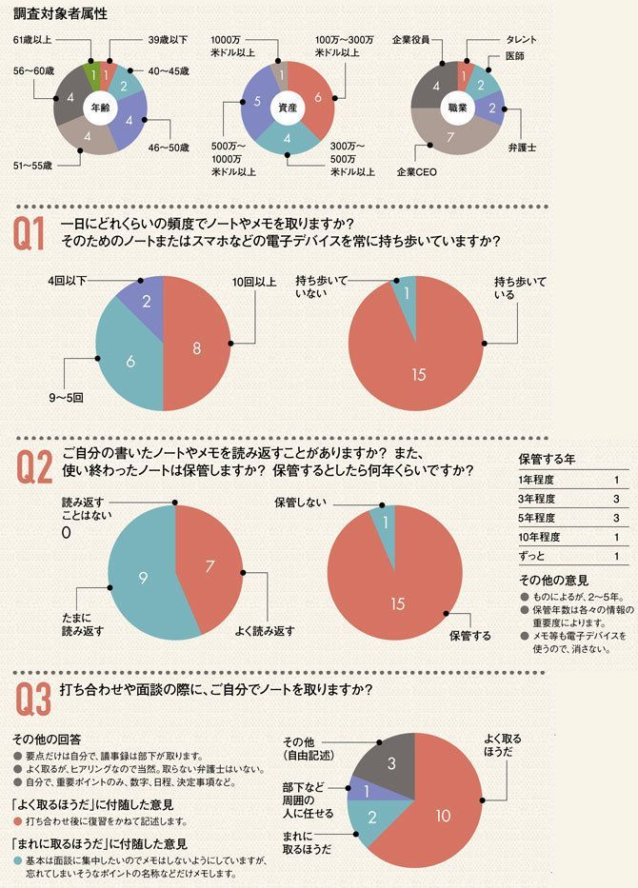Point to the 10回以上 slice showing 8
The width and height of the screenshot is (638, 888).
click(x=196, y=348)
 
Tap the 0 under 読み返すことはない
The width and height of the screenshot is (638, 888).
click(x=67, y=533)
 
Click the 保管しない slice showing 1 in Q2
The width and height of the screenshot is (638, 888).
click(x=385, y=522)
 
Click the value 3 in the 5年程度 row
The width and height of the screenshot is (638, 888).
click(x=617, y=518)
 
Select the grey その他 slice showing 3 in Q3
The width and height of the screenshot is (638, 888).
click(x=390, y=763)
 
